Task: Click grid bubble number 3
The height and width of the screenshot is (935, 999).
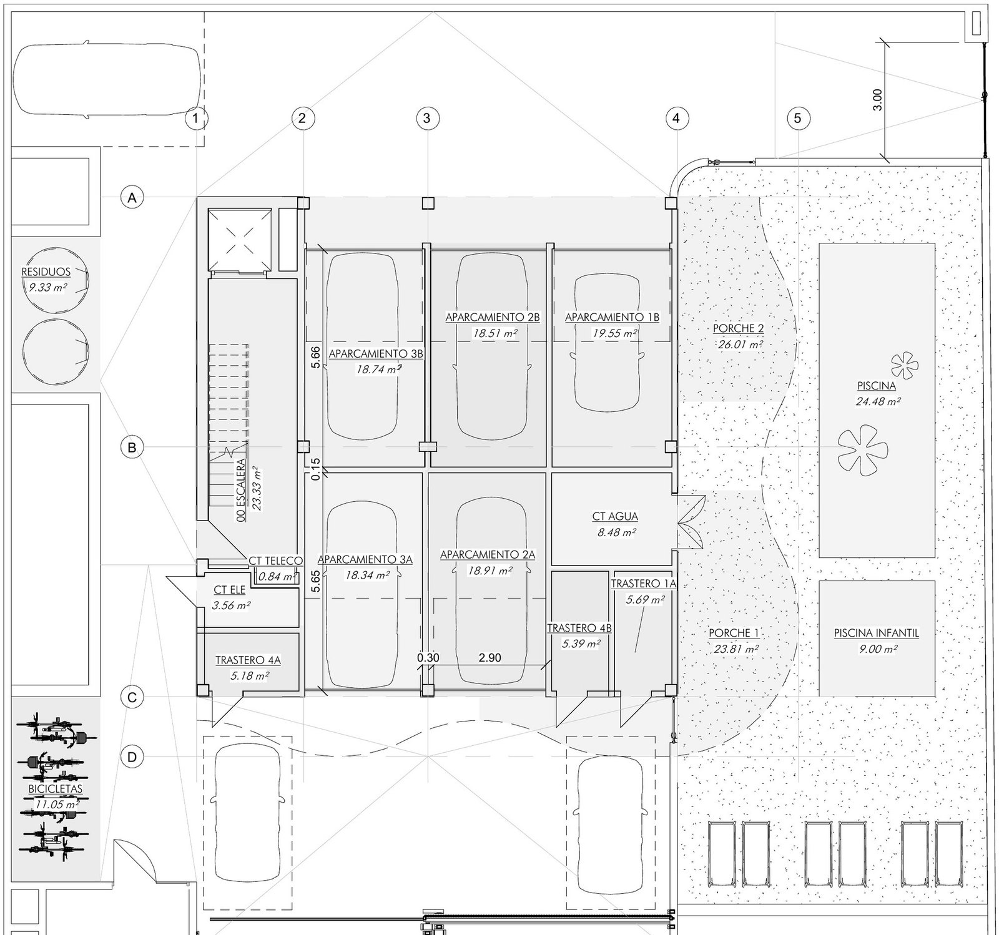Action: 427,117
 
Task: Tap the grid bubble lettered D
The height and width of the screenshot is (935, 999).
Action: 132,757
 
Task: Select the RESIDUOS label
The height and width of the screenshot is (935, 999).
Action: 46,272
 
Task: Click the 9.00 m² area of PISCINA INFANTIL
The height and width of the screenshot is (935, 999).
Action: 878,649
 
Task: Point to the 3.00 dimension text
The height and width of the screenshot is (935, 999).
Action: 877,100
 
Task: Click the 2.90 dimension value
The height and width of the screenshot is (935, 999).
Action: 490,657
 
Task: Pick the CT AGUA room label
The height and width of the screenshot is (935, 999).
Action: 615,517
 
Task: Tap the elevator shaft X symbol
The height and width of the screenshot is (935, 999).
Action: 240,240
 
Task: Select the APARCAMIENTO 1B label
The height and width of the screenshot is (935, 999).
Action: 612,317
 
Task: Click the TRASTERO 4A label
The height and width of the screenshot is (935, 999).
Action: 248,660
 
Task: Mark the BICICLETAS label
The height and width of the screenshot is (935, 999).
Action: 56,789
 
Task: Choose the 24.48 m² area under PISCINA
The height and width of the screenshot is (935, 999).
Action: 878,402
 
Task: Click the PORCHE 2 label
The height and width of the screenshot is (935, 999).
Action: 739,328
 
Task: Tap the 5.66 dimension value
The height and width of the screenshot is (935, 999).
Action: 316,357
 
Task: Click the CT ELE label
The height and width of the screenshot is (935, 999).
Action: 229,590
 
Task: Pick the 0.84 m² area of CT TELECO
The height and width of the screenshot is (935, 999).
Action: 277,577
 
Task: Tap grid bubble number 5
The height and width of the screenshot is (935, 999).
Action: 798,117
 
